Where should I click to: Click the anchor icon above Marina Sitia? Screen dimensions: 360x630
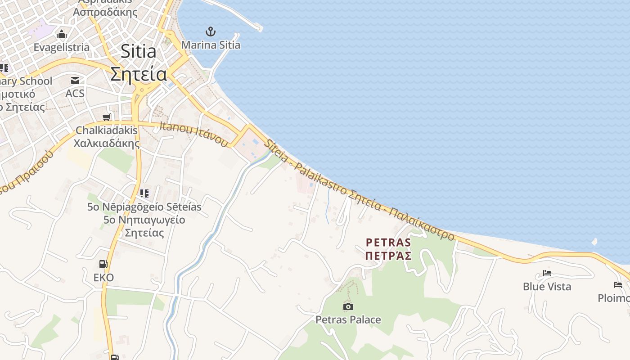(x=210, y=31)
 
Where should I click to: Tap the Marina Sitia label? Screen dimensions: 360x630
(x=211, y=45)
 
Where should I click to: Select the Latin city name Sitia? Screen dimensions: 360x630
(x=138, y=52)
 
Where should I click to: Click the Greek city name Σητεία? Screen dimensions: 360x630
(x=138, y=74)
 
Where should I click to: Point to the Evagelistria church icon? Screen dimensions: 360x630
(x=62, y=35)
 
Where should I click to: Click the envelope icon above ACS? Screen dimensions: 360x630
(x=75, y=81)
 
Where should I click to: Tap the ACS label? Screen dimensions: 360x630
(x=75, y=93)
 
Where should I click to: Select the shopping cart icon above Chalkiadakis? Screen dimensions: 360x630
(x=107, y=117)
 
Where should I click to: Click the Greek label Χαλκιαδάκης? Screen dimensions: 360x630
(x=107, y=144)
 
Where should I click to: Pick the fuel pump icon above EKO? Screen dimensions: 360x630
(x=103, y=264)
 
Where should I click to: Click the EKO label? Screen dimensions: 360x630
(x=103, y=277)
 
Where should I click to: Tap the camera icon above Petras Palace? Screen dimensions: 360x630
(x=348, y=307)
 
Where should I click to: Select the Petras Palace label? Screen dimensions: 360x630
(x=348, y=320)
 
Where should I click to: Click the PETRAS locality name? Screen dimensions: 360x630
(x=388, y=243)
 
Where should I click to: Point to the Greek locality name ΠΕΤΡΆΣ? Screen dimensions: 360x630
(x=388, y=256)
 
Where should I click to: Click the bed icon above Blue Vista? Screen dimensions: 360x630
(x=547, y=273)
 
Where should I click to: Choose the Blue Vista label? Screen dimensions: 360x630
(x=547, y=287)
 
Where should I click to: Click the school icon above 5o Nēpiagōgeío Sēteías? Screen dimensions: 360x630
(x=144, y=193)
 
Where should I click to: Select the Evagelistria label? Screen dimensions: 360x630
(x=62, y=47)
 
